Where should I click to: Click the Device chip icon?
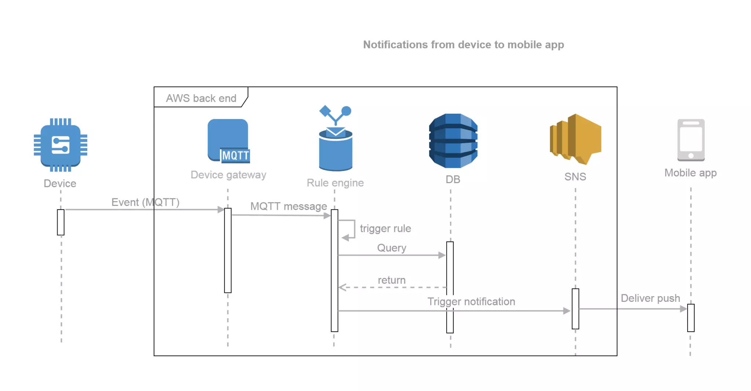[61, 145]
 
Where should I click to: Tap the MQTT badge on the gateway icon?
[235, 156]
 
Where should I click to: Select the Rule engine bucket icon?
[336, 148]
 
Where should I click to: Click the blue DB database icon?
[453, 141]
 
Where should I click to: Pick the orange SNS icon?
[576, 139]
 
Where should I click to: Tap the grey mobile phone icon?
[691, 140]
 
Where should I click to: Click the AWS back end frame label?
[201, 98]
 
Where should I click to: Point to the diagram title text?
[463, 45]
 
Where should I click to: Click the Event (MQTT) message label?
[145, 202]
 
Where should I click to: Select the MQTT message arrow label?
[289, 206]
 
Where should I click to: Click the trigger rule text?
[385, 229]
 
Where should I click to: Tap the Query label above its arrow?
[392, 248]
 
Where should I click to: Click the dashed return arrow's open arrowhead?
[342, 287]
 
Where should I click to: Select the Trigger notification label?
[471, 302]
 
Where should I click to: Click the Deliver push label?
[650, 298]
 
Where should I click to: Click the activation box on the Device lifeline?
[61, 222]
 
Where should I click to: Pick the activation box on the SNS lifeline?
[575, 309]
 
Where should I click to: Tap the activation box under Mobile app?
[691, 318]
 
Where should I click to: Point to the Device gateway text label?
[228, 175]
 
